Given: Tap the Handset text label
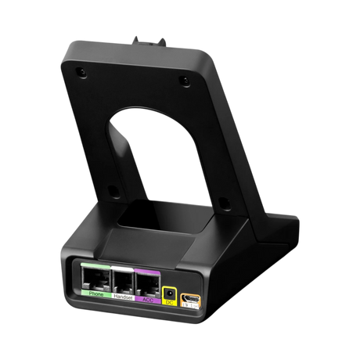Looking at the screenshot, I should click(123, 297).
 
